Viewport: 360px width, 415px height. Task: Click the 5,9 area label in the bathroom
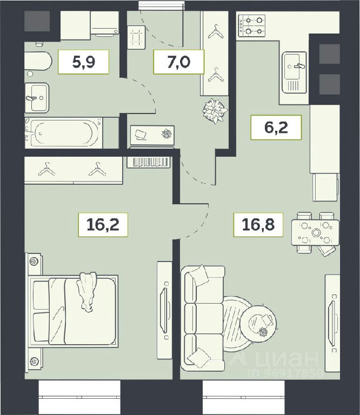coord(83,62)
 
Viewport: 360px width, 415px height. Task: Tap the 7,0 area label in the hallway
coord(179,62)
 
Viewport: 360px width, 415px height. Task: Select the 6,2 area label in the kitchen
coord(276,128)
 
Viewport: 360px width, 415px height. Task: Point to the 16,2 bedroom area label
coord(103,224)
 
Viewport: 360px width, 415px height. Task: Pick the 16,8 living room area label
coord(258,224)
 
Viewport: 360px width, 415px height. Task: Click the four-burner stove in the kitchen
coord(252,26)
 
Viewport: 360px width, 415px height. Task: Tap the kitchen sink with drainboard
coord(294,72)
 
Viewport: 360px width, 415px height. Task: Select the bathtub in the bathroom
coord(64,133)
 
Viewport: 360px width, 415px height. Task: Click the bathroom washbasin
coord(37,98)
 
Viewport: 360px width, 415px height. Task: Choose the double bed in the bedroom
coord(73,310)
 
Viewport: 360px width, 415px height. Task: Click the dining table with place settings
coord(315,233)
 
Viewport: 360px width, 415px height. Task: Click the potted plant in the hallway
coord(215,111)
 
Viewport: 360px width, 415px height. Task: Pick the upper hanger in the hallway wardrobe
coord(216,32)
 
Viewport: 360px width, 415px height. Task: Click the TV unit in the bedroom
coord(165,310)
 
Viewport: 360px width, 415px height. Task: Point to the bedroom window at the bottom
coord(79,397)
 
